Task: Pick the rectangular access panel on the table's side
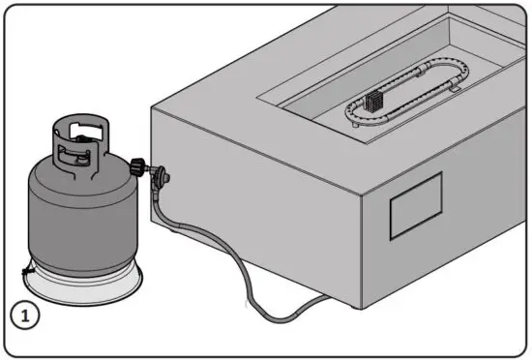point(416,206)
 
